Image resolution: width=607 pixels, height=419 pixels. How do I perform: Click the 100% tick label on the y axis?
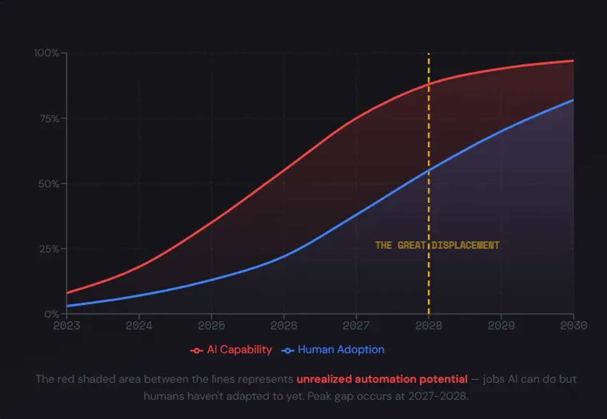point(47,53)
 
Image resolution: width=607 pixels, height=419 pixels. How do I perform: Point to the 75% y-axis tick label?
point(49,118)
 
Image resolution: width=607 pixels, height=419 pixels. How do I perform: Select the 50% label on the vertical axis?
point(49,184)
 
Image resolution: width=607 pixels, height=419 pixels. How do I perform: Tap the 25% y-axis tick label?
point(49,249)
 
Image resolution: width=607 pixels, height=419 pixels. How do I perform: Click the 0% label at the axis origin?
point(52,314)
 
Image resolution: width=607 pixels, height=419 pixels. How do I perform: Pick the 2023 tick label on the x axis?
point(67,325)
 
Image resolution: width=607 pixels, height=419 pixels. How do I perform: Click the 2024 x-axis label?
point(139,325)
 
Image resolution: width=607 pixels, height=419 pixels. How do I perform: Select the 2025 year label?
point(211,325)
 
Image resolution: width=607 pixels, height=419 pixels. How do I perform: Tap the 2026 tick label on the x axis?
point(284,325)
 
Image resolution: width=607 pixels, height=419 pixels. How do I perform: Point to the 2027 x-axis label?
point(356,325)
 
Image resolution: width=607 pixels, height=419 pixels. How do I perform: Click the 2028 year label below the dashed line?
point(428,325)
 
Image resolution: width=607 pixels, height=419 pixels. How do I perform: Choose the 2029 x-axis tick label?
point(501,325)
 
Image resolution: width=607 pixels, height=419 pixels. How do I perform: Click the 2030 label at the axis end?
point(573,325)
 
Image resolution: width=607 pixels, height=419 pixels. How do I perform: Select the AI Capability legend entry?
point(239,350)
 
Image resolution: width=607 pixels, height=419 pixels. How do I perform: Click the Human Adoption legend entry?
point(341,350)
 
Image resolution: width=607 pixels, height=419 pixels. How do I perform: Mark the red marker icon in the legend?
point(197,350)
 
